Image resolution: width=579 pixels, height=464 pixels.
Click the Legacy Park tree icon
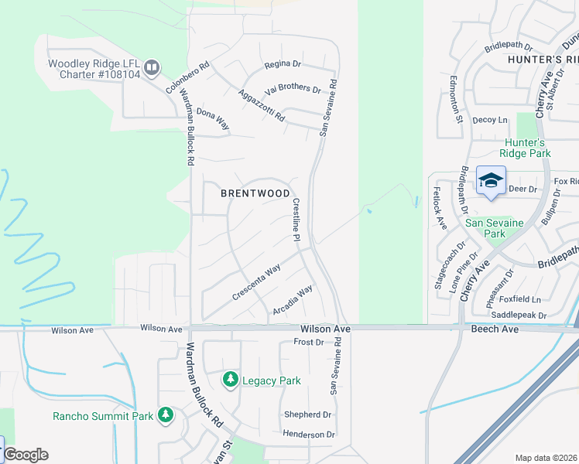(230, 379)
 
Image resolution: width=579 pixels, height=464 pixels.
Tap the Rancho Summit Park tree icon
(165, 415)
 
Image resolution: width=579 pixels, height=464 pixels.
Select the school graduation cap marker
(491, 181)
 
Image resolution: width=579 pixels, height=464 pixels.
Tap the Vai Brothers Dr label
(293, 89)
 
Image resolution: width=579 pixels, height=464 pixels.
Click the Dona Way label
(213, 118)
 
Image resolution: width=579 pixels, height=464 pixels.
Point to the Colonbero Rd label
(188, 78)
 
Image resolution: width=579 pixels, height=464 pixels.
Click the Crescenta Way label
(256, 284)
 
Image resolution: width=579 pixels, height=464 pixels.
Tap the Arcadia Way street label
(293, 300)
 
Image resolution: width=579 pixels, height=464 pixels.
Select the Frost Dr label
(308, 342)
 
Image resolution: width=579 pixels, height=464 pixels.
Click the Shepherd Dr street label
(307, 415)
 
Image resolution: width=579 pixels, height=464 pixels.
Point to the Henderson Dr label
(309, 435)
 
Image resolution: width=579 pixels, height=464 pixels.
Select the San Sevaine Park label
(495, 228)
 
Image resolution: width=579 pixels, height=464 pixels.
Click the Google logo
(26, 455)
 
